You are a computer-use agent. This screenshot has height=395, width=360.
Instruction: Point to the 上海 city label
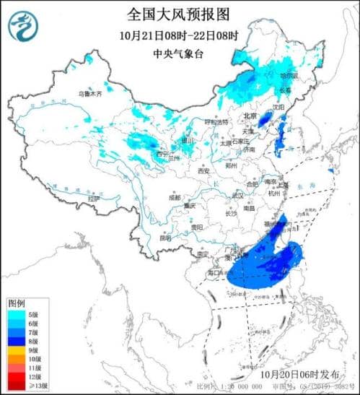tap(283, 184)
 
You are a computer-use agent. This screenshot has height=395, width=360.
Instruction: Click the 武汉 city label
tap(237, 196)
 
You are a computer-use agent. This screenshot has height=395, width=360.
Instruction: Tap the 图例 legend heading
tap(17, 303)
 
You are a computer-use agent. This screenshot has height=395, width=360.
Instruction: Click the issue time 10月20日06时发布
tap(302, 375)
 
